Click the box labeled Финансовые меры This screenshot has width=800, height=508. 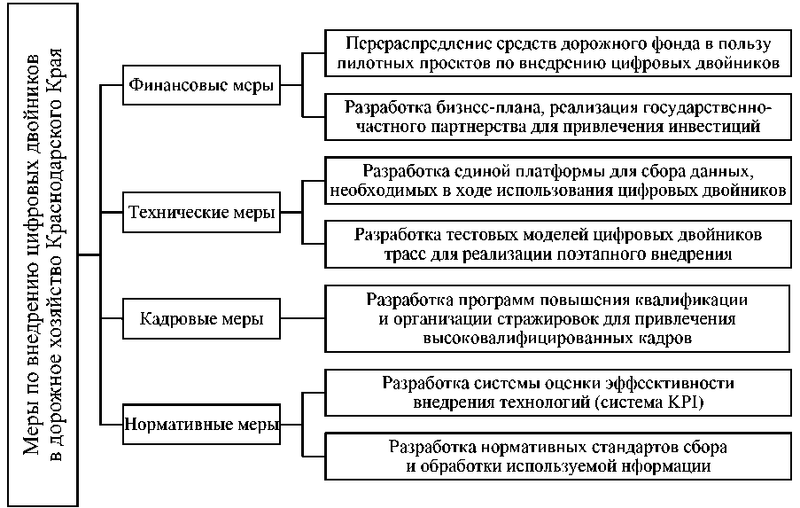click(x=200, y=86)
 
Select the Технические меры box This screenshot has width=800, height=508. click(x=200, y=213)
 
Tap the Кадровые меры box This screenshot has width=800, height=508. click(x=200, y=319)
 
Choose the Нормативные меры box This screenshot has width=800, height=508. click(x=200, y=424)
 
